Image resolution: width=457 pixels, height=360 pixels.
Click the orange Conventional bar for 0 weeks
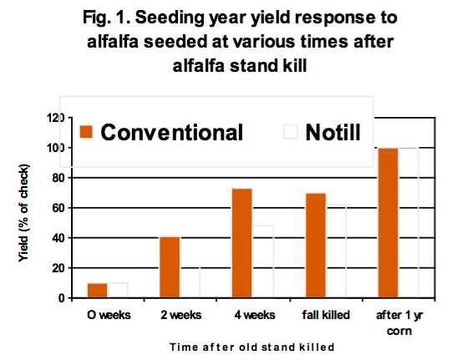click(x=98, y=291)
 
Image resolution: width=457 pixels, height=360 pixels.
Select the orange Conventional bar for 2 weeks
click(x=170, y=267)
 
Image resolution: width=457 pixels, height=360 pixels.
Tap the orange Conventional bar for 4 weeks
click(x=242, y=243)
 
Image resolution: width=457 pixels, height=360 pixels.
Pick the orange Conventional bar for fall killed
click(x=316, y=246)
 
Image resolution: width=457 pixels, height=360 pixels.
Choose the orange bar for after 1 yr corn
click(x=388, y=223)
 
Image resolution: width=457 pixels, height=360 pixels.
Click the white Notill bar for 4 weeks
click(x=262, y=261)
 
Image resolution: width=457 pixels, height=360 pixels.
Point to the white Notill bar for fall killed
click(x=336, y=251)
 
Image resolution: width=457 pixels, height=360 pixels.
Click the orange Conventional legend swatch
click(x=86, y=132)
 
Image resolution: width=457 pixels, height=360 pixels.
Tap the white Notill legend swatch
click(x=291, y=132)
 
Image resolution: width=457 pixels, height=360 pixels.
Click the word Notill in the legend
click(x=333, y=132)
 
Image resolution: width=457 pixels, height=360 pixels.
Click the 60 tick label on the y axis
click(x=58, y=208)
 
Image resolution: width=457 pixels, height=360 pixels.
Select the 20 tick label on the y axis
click(x=58, y=268)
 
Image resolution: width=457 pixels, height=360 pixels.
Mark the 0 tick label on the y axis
click(x=61, y=298)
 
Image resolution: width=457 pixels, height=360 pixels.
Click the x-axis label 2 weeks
click(x=181, y=315)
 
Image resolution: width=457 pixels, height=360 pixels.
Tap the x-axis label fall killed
click(x=326, y=315)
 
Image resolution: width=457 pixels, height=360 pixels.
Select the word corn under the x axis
click(x=399, y=332)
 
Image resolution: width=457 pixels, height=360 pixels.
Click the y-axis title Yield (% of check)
click(x=23, y=213)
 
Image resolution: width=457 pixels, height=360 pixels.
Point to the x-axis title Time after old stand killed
click(x=252, y=347)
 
